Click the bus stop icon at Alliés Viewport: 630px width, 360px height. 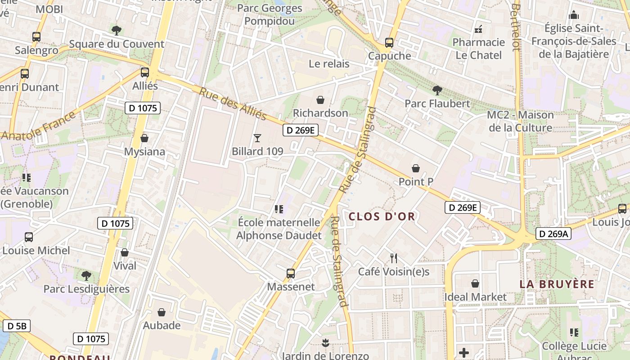(144, 72)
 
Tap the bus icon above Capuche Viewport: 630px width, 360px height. (389, 43)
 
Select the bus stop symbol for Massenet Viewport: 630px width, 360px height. (291, 273)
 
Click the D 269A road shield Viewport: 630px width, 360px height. (553, 234)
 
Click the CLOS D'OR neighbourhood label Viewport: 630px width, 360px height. (382, 216)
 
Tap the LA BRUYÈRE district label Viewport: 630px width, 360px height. (557, 284)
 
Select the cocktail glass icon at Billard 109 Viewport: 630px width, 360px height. (257, 138)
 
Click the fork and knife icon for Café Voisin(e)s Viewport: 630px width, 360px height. (394, 258)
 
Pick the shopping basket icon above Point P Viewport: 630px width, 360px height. (416, 168)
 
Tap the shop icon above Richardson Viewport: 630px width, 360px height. (320, 99)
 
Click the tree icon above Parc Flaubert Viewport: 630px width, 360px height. (436, 90)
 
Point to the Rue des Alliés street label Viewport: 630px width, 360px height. (233, 104)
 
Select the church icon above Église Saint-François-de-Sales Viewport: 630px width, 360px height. (573, 15)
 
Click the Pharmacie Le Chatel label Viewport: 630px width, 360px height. (479, 49)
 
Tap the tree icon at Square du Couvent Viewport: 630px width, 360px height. (117, 30)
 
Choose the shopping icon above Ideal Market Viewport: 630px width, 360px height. (475, 283)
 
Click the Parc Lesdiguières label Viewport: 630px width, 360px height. (86, 289)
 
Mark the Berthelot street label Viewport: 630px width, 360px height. (516, 27)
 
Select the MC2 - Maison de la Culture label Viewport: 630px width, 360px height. (520, 121)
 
